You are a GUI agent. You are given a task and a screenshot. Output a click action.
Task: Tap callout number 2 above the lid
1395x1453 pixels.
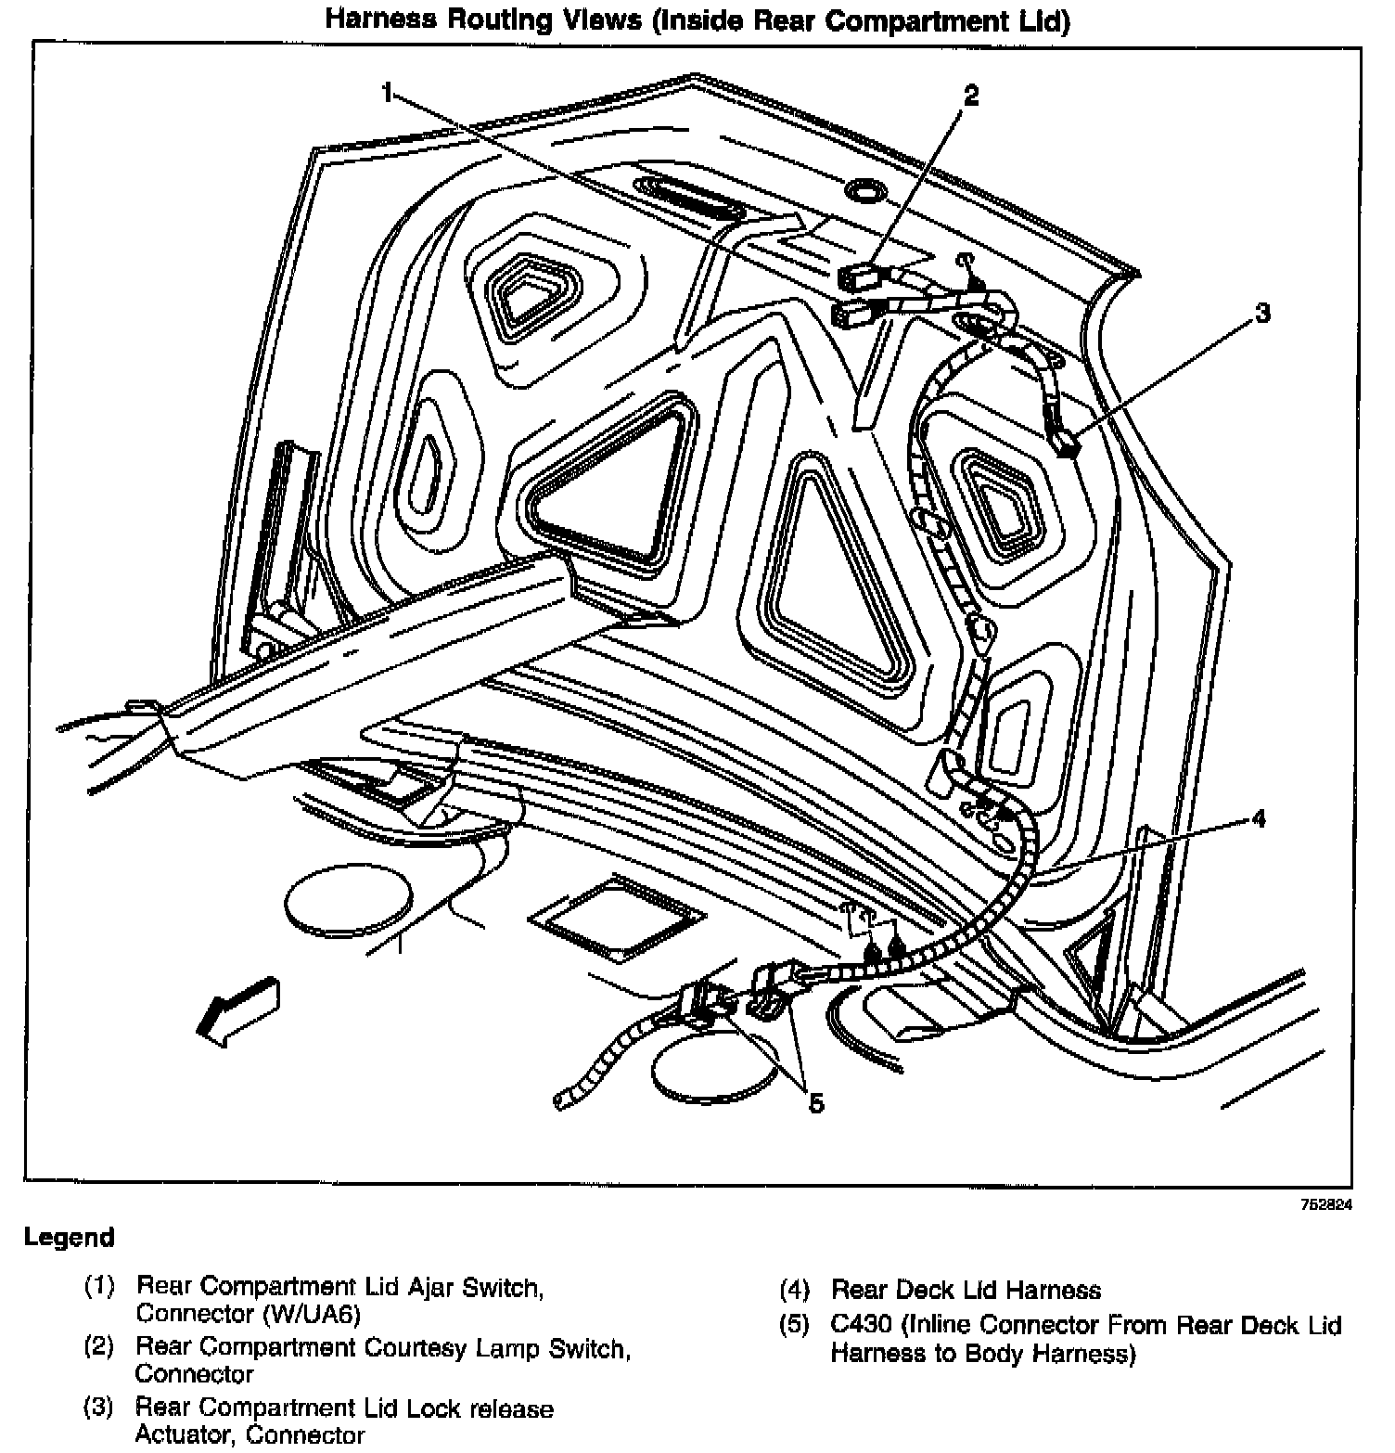tap(970, 96)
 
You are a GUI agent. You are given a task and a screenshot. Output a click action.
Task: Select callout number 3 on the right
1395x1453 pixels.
tap(1261, 314)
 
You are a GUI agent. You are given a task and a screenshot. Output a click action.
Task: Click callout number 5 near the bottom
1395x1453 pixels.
tap(816, 1103)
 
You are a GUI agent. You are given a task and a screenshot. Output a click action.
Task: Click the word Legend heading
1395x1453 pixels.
tap(70, 1237)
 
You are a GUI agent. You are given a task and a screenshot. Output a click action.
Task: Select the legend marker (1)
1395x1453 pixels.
tap(99, 1287)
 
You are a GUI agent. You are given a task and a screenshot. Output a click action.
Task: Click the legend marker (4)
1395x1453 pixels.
tap(794, 1290)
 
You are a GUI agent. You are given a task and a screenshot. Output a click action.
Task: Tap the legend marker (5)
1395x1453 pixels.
tap(794, 1325)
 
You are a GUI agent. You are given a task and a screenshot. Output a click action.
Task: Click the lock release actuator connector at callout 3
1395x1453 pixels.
tap(1065, 444)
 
